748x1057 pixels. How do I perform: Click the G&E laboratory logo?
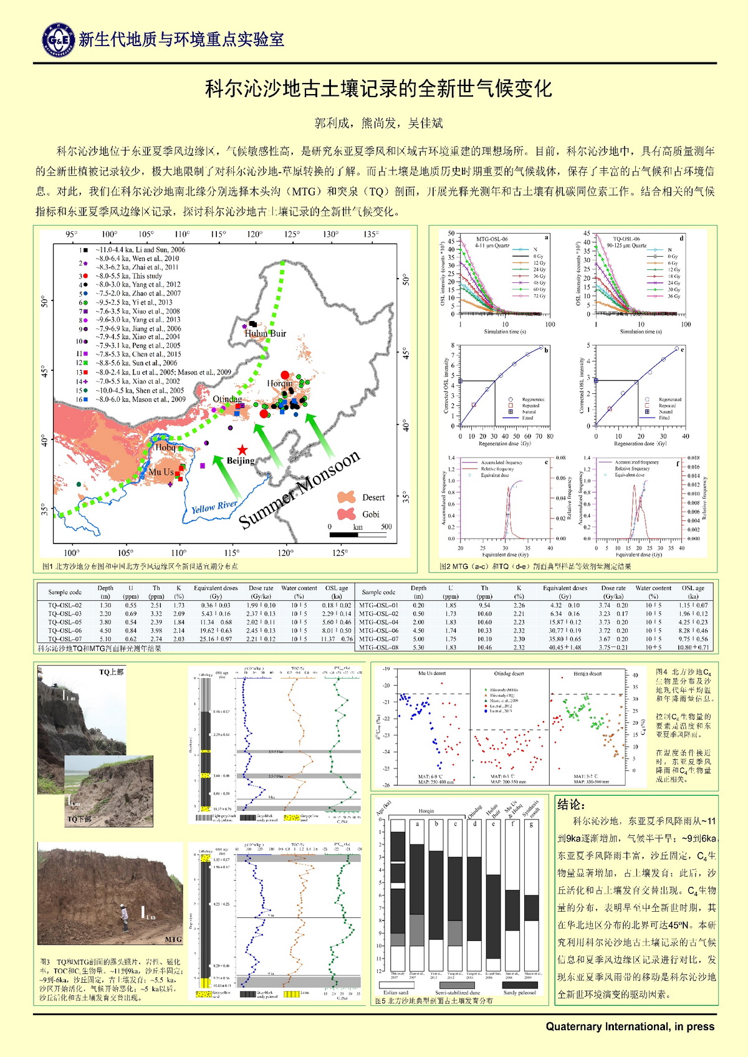58,40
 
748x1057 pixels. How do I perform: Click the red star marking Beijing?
242,450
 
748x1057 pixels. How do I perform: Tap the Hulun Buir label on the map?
265,333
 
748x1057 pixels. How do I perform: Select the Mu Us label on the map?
161,472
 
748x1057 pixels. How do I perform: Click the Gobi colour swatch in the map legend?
346,514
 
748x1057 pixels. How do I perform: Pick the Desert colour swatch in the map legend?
346,497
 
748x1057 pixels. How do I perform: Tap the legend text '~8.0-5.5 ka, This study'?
128,275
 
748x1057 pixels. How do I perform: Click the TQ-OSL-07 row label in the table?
65,639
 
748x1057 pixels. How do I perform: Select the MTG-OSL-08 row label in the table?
378,648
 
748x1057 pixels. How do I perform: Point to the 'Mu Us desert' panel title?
431,674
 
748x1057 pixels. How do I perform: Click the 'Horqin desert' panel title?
587,674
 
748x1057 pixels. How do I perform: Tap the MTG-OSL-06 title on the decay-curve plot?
492,239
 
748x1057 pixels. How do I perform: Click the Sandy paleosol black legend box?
519,985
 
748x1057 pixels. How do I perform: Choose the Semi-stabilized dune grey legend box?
457,985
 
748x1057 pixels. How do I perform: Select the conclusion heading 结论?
571,805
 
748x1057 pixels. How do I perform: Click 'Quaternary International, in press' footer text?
630,1026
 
